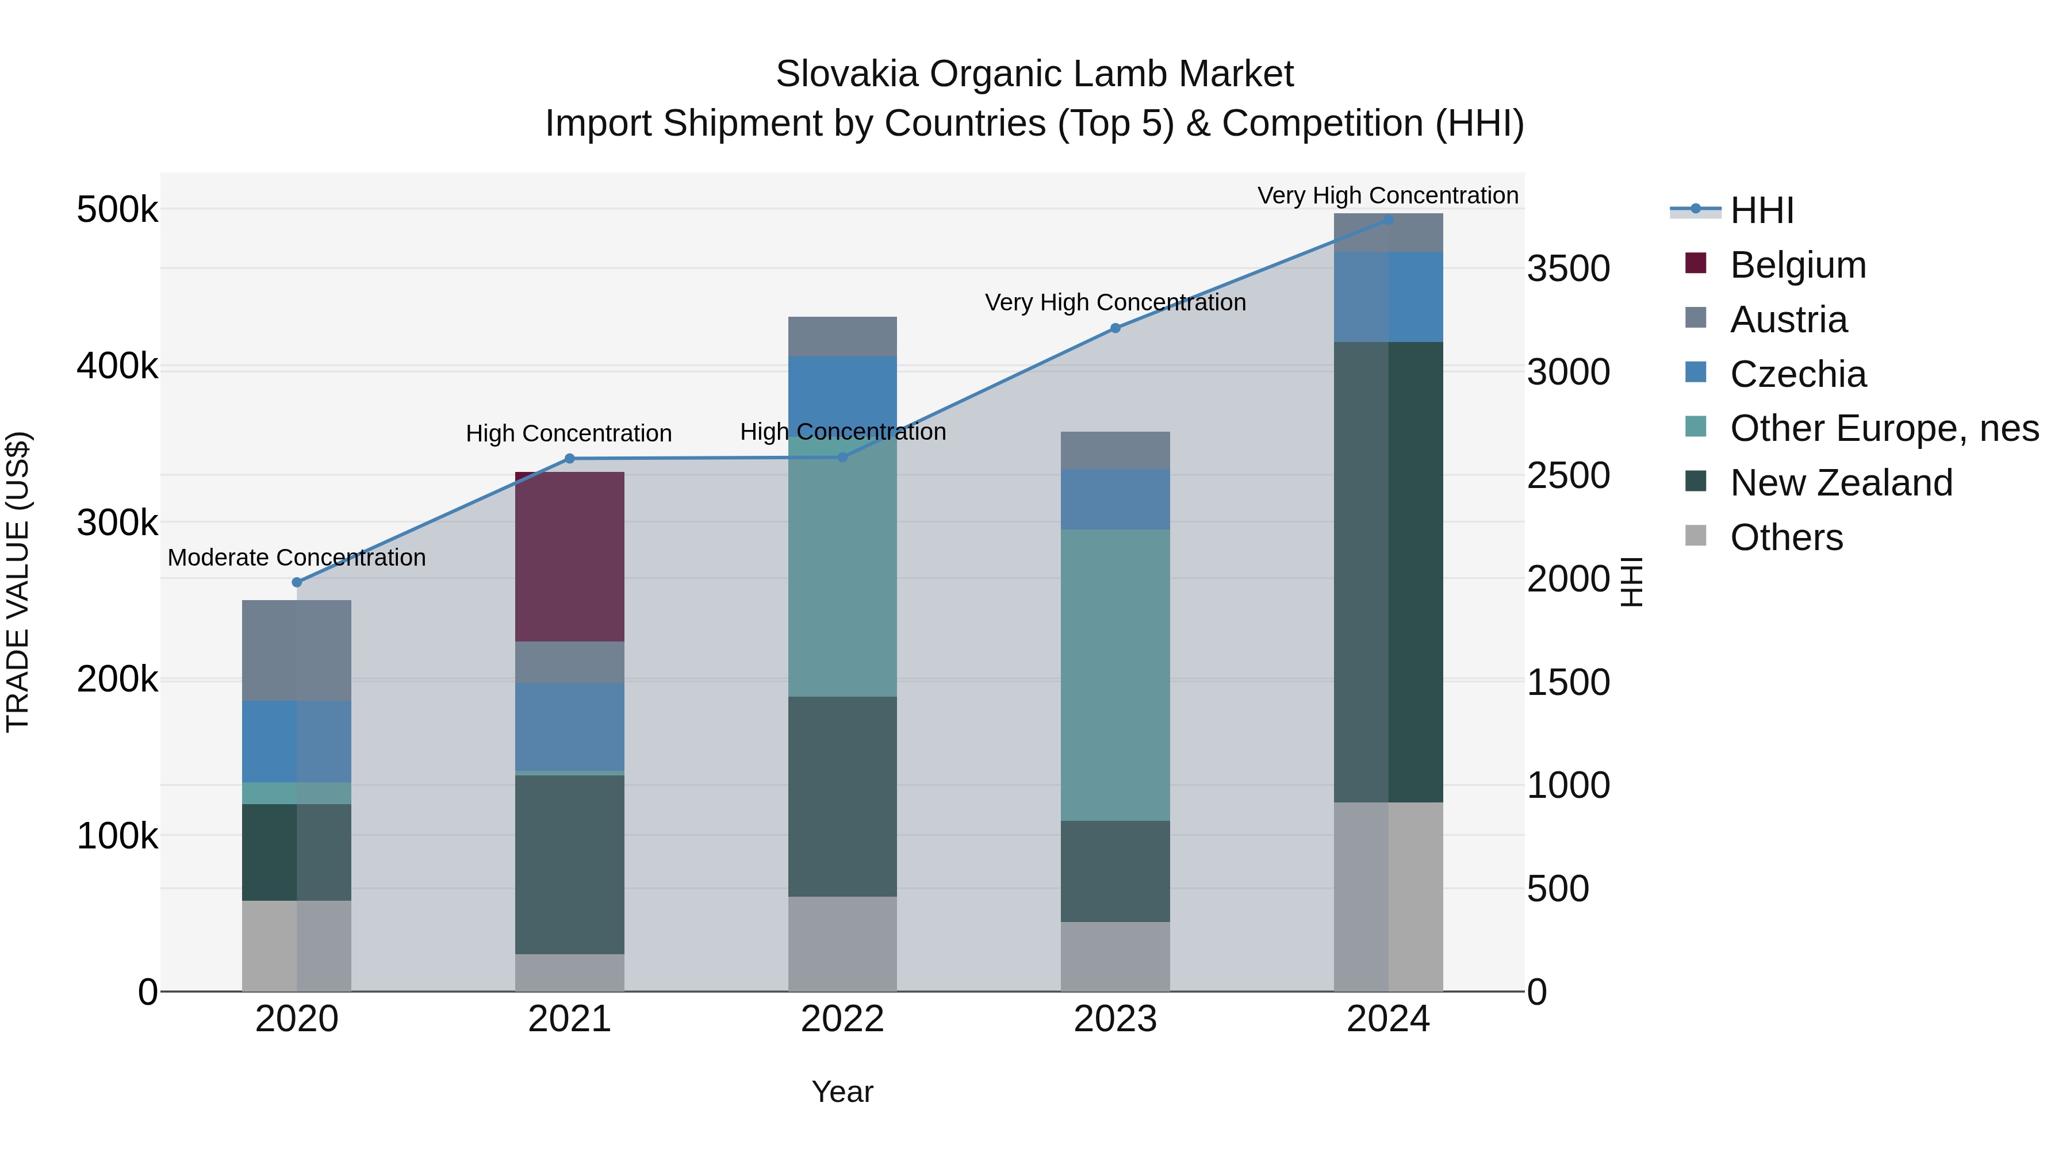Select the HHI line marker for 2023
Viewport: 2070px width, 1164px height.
(1114, 328)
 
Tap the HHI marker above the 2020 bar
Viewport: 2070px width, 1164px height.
(297, 582)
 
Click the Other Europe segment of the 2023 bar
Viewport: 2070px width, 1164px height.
(1114, 674)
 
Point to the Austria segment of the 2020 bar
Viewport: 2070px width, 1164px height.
(297, 650)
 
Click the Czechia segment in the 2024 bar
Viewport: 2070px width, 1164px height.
(1388, 297)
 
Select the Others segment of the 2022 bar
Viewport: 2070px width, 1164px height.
(842, 943)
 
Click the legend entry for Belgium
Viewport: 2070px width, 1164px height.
(1797, 265)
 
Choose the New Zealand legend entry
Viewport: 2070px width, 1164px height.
(1840, 483)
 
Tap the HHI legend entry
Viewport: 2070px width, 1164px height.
(1761, 210)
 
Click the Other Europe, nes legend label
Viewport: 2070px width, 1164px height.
(1884, 428)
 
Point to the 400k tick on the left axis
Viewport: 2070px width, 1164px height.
(117, 367)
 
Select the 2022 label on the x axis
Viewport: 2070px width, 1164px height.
(842, 1019)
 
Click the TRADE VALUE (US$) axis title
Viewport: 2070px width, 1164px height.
(18, 582)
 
